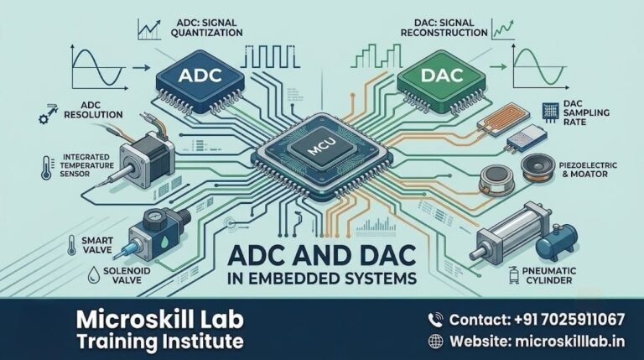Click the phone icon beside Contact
(x=435, y=320)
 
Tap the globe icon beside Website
(x=435, y=341)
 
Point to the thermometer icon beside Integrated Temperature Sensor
(x=46, y=168)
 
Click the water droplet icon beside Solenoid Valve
(x=94, y=274)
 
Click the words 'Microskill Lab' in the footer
(x=160, y=320)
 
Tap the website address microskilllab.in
(x=569, y=341)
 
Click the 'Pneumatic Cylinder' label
(x=549, y=275)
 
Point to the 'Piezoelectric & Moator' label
(x=588, y=170)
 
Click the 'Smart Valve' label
(x=97, y=245)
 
